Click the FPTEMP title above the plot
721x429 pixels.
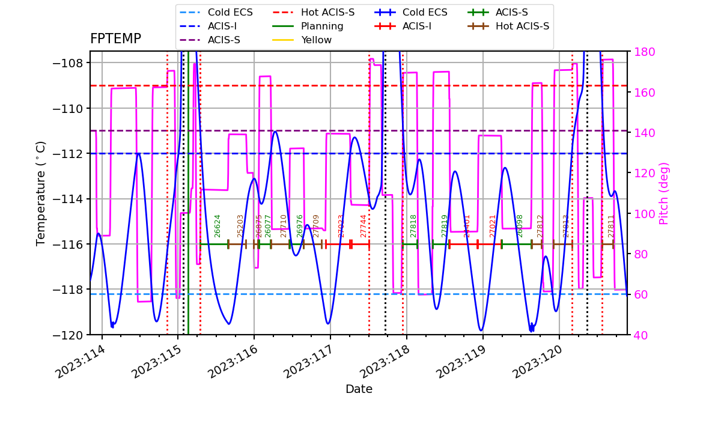[115, 39]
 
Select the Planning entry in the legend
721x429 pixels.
[322, 26]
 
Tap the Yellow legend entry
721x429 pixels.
[316, 40]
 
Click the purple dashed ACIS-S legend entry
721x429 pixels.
[224, 40]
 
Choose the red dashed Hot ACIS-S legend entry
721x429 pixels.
[327, 13]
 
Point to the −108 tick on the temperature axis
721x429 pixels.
[75, 63]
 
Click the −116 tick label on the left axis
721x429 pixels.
[75, 244]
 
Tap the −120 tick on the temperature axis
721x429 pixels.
[75, 335]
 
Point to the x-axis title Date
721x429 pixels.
[359, 389]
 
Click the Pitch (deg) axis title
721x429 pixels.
[664, 193]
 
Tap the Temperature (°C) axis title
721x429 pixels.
[41, 193]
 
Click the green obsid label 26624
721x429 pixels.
[218, 226]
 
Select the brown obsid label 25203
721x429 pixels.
[240, 226]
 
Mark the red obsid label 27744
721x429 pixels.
[364, 226]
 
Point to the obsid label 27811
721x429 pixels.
[611, 226]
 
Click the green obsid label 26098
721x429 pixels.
[520, 226]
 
